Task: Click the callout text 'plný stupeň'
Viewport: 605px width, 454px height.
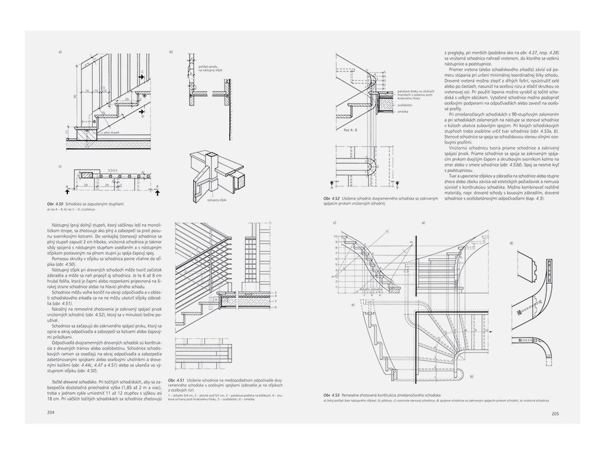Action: coord(112,133)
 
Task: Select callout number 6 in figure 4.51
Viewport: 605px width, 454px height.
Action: coord(275,313)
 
